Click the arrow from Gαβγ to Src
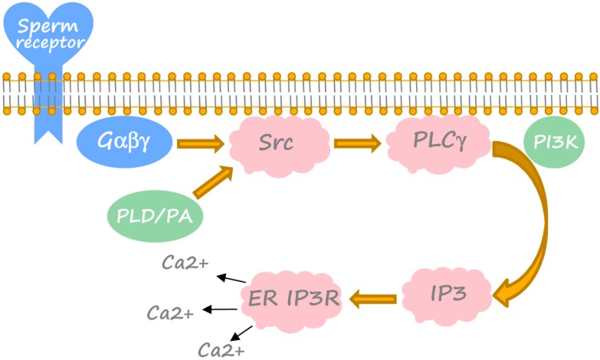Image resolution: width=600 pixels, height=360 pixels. (200, 142)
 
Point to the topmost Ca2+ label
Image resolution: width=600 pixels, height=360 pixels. (184, 263)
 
